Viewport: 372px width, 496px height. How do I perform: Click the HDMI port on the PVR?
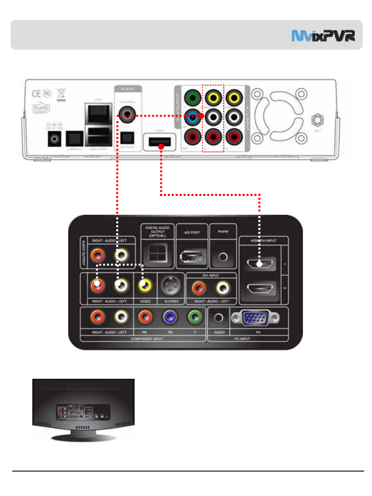161,142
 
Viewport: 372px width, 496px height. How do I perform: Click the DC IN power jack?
55,139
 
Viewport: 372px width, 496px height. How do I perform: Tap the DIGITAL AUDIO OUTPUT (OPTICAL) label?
157,231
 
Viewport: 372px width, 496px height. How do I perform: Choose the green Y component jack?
194,317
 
